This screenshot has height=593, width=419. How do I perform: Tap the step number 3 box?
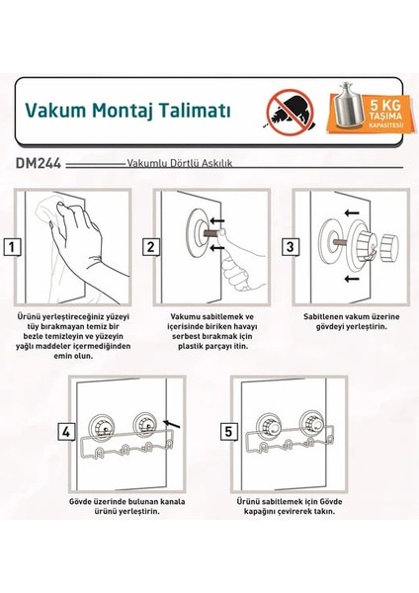(x=291, y=247)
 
